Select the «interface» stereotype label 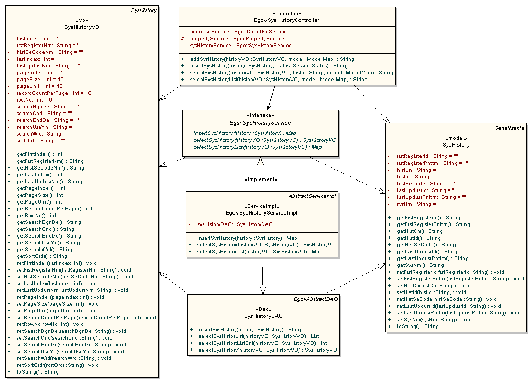click(x=260, y=116)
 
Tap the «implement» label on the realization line click(x=260, y=179)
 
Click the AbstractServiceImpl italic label click(x=312, y=196)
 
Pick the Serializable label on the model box click(x=510, y=128)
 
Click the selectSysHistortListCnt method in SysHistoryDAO click(x=262, y=343)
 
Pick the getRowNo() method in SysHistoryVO click(x=36, y=215)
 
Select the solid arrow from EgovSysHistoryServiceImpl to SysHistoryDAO click(x=262, y=277)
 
